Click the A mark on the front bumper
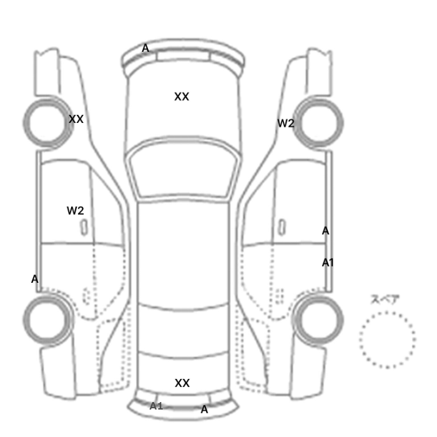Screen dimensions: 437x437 pyautogui.click(x=145, y=48)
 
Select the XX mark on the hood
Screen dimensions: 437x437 pyautogui.click(x=182, y=97)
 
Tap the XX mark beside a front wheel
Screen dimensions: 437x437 pyautogui.click(x=76, y=119)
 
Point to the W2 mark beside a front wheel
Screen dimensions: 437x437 pyautogui.click(x=286, y=123)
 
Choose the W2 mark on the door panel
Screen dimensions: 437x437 pyautogui.click(x=76, y=210)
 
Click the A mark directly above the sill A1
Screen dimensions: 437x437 pyautogui.click(x=325, y=231)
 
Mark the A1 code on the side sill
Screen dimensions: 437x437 pyautogui.click(x=328, y=263)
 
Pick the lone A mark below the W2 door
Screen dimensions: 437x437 pyautogui.click(x=34, y=279)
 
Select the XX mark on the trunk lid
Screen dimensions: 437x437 pyautogui.click(x=182, y=383)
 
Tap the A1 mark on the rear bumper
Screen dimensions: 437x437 pyautogui.click(x=156, y=406)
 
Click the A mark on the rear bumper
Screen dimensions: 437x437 pyautogui.click(x=204, y=410)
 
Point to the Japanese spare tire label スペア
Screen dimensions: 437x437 pyautogui.click(x=385, y=300)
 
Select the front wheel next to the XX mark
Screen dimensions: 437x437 pyautogui.click(x=24, y=123)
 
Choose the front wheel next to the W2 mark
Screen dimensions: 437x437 pyautogui.click(x=342, y=123)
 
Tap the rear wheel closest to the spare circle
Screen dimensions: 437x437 pyautogui.click(x=342, y=320)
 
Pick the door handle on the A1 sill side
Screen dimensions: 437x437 pyautogui.click(x=282, y=227)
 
